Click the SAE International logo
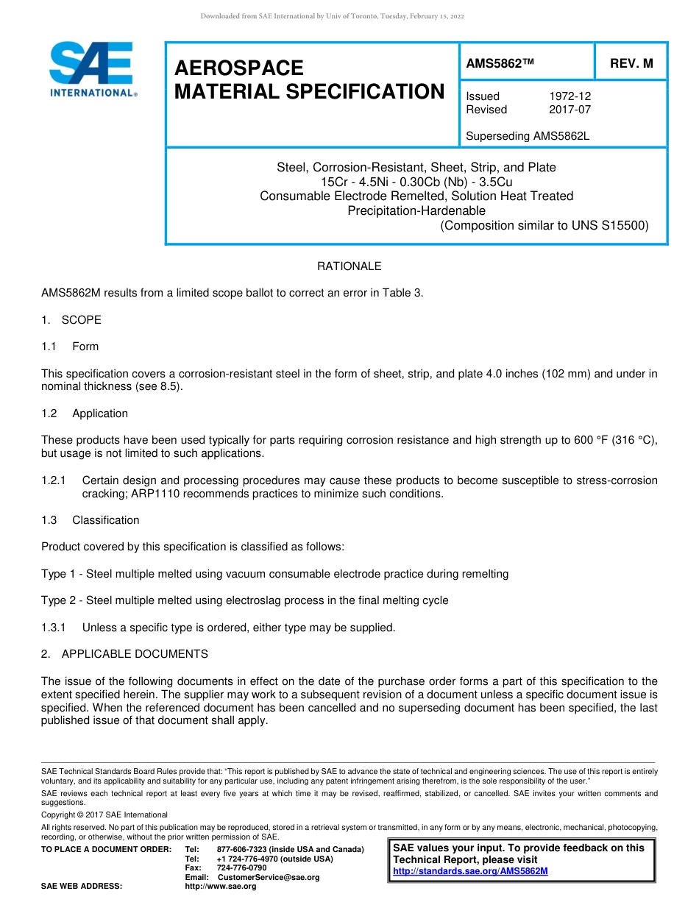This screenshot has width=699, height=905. pos(92,70)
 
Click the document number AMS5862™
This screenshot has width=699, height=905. pos(500,64)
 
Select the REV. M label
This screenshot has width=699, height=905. pos(631,64)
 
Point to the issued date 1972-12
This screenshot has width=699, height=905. pos(570,96)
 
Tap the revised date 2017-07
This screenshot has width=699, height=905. pos(570,110)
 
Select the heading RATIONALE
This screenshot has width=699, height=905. pos(349,266)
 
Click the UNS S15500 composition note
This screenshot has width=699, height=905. pos(544,226)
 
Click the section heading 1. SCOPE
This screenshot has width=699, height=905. pos(71,320)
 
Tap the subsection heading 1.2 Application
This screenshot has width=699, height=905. pos(85,414)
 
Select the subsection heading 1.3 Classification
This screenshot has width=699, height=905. pos(91,520)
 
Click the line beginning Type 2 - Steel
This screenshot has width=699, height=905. pos(244,600)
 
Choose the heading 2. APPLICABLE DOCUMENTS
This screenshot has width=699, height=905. pos(124,654)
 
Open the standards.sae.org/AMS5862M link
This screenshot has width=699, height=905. pos(470,871)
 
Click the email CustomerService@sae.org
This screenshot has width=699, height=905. pos(269,877)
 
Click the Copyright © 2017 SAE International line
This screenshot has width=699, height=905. pos(104,814)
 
